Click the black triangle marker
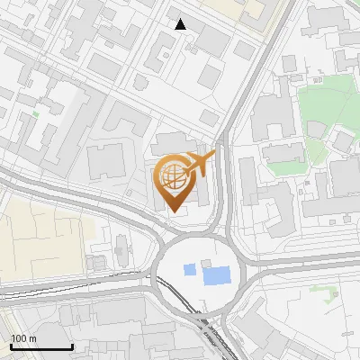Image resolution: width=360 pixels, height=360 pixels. point(181,24)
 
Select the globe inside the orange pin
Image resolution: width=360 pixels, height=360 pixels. point(174,175)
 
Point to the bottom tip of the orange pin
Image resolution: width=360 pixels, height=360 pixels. point(174,211)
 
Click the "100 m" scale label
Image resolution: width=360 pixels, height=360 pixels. point(24,338)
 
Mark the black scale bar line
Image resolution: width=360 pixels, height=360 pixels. point(41,346)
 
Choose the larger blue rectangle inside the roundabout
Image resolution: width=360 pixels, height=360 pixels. point(216,274)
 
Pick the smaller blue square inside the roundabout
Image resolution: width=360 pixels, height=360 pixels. point(189,269)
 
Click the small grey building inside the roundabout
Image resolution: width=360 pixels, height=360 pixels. point(211,262)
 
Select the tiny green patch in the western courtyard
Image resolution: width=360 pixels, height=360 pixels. point(35,114)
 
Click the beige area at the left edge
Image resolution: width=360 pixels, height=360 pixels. point(36,238)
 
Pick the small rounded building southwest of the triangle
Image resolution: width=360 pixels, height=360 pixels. point(141,82)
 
